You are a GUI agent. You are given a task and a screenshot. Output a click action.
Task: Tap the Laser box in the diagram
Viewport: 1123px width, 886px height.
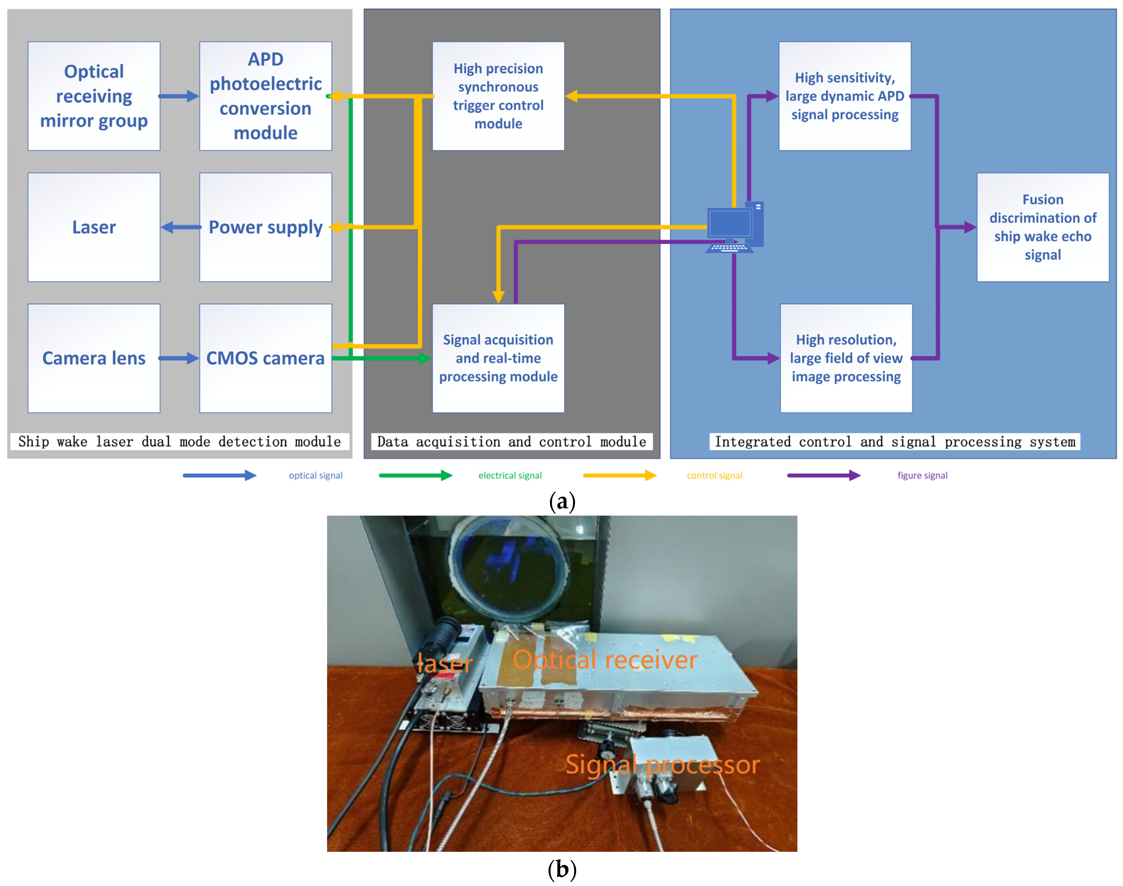coord(94,227)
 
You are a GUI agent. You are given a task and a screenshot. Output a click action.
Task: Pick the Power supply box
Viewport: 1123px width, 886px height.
coord(266,227)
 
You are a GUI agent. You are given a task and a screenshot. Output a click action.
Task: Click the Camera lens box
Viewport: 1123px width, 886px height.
coord(94,358)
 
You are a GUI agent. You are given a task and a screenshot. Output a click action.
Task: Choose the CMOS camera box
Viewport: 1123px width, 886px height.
coord(266,358)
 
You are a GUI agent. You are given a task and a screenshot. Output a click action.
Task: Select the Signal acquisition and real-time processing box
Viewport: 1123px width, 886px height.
coord(498,358)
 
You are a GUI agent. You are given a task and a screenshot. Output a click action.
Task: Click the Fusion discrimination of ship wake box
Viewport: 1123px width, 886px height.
coord(1043,227)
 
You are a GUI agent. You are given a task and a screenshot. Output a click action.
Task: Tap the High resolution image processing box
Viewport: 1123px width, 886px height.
coord(846,358)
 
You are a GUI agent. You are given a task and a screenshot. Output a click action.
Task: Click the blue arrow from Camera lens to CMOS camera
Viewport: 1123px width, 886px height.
coord(179,358)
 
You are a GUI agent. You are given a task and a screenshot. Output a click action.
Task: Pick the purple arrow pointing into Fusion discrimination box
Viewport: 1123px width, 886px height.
coord(957,227)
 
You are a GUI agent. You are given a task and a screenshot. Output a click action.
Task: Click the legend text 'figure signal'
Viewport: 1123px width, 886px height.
coord(922,476)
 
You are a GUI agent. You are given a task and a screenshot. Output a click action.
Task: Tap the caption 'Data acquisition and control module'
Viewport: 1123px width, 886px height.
coord(512,442)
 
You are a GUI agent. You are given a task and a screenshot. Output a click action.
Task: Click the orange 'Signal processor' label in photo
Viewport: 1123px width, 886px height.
coord(662,765)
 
